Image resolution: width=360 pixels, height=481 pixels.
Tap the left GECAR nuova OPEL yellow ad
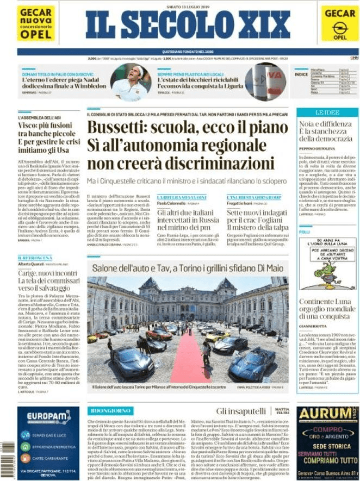(36, 23)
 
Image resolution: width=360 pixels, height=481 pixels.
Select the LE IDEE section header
(326, 113)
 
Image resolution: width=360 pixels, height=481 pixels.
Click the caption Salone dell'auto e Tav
(188, 268)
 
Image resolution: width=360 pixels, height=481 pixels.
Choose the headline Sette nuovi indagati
(252, 214)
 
